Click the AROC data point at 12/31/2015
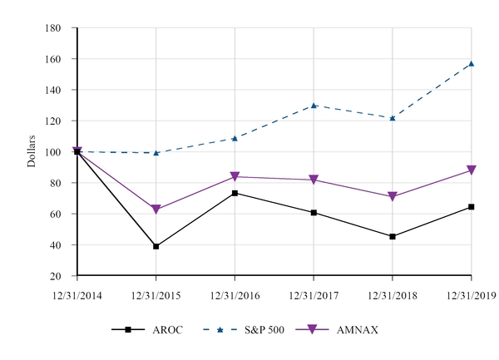[156, 246]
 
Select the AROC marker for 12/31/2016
[235, 193]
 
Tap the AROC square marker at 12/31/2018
[393, 236]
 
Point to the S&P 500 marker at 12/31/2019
[472, 64]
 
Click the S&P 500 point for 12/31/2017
[314, 106]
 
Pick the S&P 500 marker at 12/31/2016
[235, 138]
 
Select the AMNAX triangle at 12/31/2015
[156, 210]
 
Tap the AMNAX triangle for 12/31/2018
[393, 197]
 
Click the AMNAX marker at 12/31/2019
[472, 170]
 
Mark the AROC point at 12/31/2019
[472, 207]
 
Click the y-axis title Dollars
[32, 150]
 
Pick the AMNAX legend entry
[341, 330]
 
